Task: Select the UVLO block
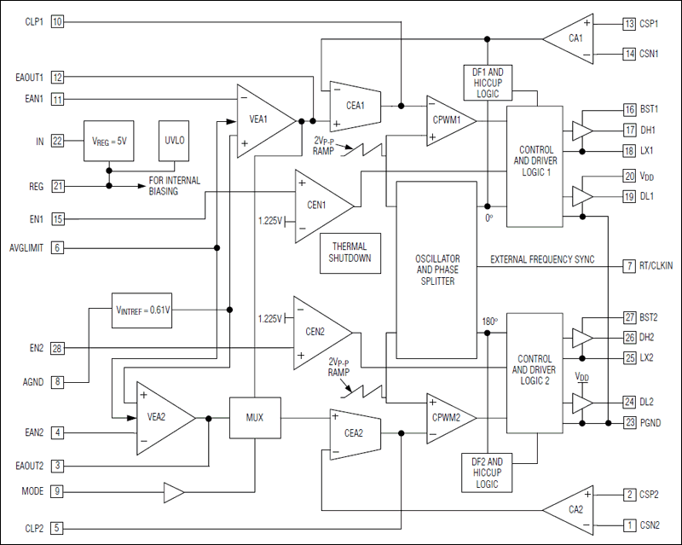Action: coord(175,140)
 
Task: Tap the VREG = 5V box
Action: coord(109,140)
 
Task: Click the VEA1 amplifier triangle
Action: coord(261,119)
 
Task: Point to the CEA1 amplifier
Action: coord(355,106)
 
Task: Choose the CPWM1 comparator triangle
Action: coord(448,120)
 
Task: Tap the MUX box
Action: coord(254,418)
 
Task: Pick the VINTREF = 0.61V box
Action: coord(142,310)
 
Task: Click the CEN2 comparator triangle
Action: coord(317,333)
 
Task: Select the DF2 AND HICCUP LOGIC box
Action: coord(487,472)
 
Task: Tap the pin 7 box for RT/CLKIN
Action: coord(629,266)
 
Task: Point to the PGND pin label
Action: coord(650,423)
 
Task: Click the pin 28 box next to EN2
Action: coord(57,348)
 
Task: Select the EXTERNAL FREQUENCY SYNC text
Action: coord(541,259)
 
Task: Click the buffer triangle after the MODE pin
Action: coord(173,492)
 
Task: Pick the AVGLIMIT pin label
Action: coord(26,248)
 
